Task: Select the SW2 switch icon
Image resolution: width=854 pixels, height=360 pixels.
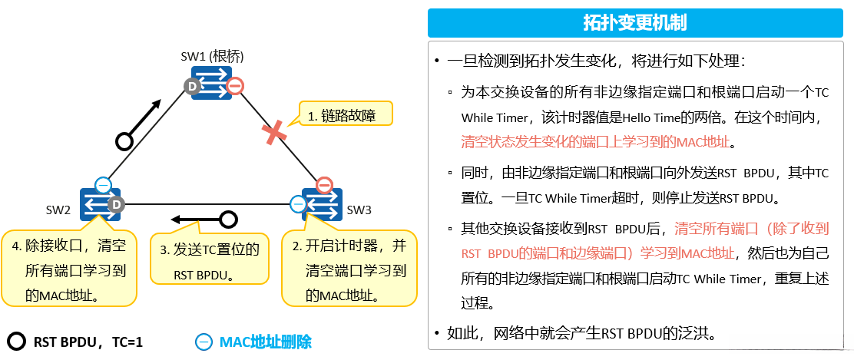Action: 100,204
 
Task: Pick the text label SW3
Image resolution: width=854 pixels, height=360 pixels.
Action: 359,210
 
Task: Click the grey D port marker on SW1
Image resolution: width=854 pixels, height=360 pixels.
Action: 193,87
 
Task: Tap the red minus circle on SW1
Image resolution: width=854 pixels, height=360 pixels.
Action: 236,86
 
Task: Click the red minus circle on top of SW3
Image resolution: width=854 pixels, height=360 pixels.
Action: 324,185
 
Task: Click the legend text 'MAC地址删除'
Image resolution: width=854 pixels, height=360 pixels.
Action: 265,342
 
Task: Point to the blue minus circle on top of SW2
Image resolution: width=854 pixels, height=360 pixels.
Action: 103,185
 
